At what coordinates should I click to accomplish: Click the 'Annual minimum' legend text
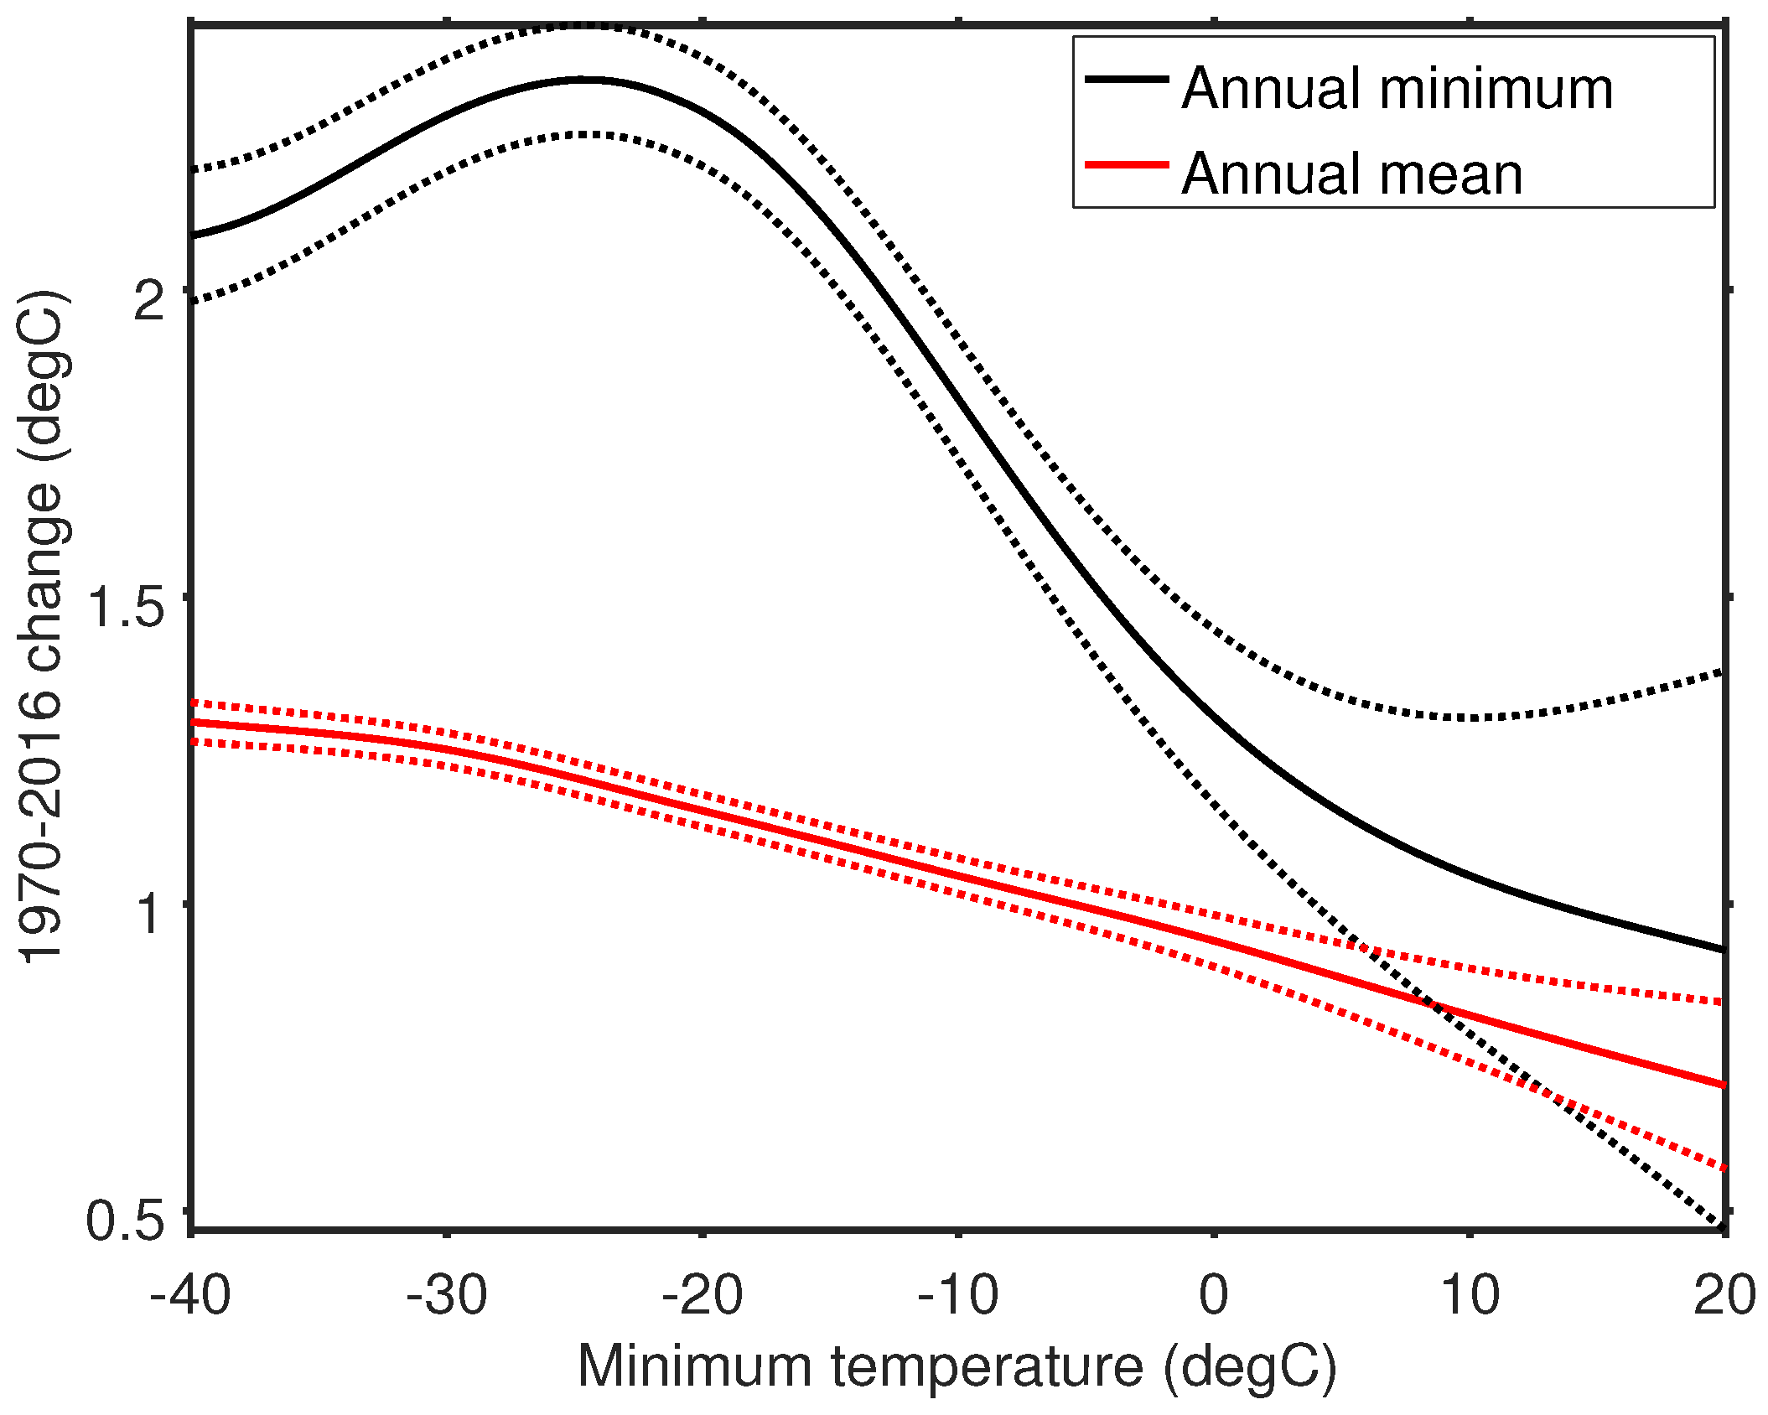click(x=1397, y=89)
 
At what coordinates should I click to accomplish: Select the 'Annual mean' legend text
click(x=1351, y=174)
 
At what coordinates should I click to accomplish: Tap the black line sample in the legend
click(x=1127, y=79)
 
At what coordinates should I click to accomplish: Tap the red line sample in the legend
click(x=1127, y=165)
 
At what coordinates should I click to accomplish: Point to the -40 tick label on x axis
click(x=190, y=1295)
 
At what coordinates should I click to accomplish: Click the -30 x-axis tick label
click(x=446, y=1295)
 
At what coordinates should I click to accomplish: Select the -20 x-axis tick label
click(x=703, y=1295)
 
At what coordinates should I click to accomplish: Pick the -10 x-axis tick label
click(x=958, y=1295)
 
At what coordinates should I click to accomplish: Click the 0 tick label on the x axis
click(x=1214, y=1295)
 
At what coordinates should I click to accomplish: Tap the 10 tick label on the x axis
click(x=1470, y=1295)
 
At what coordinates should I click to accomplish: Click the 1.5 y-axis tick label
click(x=126, y=607)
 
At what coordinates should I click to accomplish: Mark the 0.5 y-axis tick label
click(x=126, y=1221)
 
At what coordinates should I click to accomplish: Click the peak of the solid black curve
click(x=587, y=80)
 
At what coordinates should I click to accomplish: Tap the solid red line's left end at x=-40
click(x=194, y=722)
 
